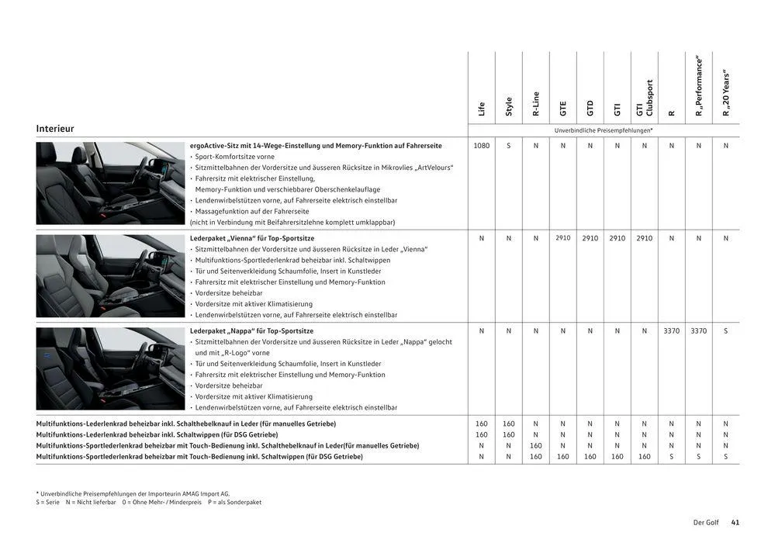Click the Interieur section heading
(x=55, y=129)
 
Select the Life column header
(x=482, y=109)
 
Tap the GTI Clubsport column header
(x=645, y=99)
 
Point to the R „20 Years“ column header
(x=726, y=95)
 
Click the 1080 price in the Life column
(x=482, y=146)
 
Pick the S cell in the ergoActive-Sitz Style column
(x=509, y=146)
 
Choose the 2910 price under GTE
(x=563, y=238)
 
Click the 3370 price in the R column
(x=671, y=331)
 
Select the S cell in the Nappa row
(x=726, y=331)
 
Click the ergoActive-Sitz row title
(x=316, y=146)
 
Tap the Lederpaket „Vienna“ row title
(x=252, y=238)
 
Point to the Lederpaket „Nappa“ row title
(x=251, y=331)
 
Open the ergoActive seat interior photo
(x=110, y=183)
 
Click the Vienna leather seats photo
(x=110, y=276)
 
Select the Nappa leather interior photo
(x=110, y=368)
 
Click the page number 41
(x=735, y=523)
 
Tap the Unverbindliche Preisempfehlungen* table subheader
(x=604, y=130)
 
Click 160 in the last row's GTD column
(x=590, y=457)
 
